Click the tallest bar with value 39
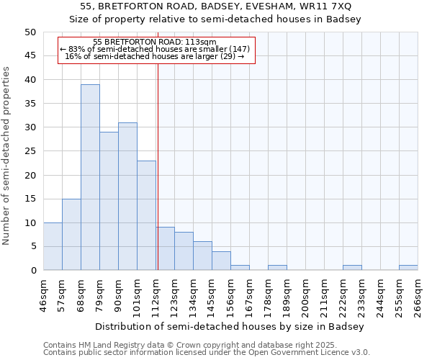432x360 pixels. coord(90,177)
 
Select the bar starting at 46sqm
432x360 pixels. coord(53,246)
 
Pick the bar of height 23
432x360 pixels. coord(146,215)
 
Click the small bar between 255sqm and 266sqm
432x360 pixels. coord(408,268)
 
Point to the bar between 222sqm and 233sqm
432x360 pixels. coord(352,268)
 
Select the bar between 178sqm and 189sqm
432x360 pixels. coord(277,268)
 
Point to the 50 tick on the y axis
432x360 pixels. coord(30,32)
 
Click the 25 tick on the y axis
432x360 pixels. coord(30,151)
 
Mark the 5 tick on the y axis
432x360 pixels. coord(32,246)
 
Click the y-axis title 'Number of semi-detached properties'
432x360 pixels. coord(7,156)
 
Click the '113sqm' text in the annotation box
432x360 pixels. coord(200,42)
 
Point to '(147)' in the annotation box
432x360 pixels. coord(239,49)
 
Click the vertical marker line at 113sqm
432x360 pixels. coord(158,166)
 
